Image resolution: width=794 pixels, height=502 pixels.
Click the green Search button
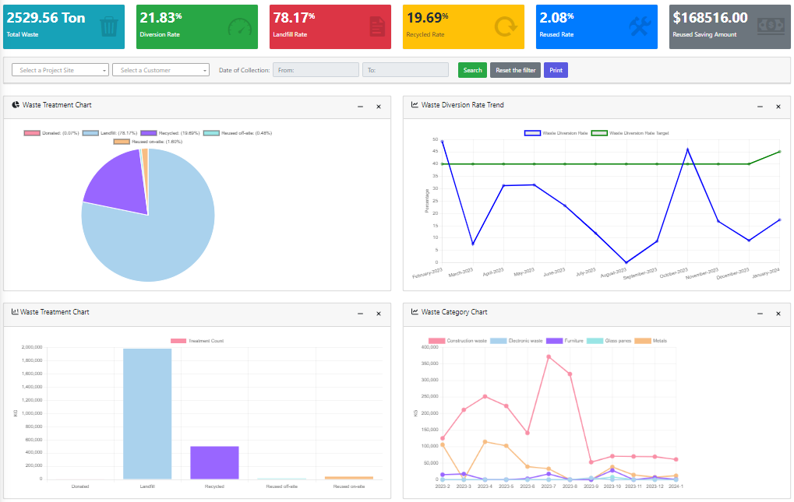pos(472,70)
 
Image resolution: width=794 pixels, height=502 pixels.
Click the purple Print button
pos(556,70)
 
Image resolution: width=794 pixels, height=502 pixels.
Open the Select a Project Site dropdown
pos(60,70)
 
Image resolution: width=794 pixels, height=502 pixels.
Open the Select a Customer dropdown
pos(161,70)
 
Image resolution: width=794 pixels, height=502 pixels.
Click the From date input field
pos(316,70)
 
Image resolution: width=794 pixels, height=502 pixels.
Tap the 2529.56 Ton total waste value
pos(46,17)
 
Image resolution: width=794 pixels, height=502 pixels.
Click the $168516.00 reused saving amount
pos(710,17)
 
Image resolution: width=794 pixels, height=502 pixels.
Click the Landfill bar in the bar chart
pos(147,412)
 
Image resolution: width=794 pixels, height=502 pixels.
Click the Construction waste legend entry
pos(458,341)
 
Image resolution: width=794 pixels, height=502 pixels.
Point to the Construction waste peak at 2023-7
pos(549,356)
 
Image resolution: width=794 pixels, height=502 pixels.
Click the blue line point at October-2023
pos(687,149)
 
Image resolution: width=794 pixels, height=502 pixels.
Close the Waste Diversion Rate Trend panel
pos(778,107)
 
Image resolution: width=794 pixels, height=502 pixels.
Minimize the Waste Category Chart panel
pos(760,314)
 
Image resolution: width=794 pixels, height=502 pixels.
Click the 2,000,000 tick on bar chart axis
pos(32,347)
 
